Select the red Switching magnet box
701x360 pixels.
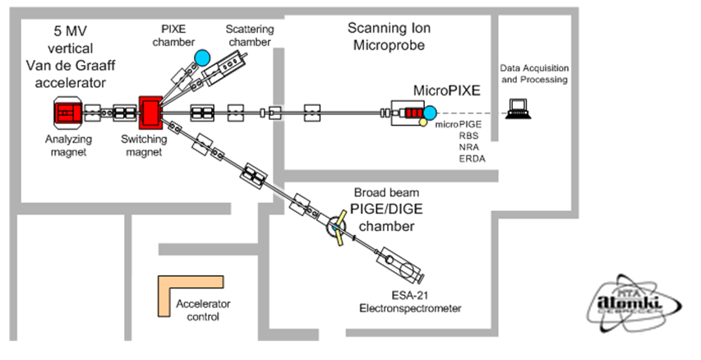[152, 112]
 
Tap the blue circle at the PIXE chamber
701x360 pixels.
[202, 57]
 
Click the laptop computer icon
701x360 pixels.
[520, 108]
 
